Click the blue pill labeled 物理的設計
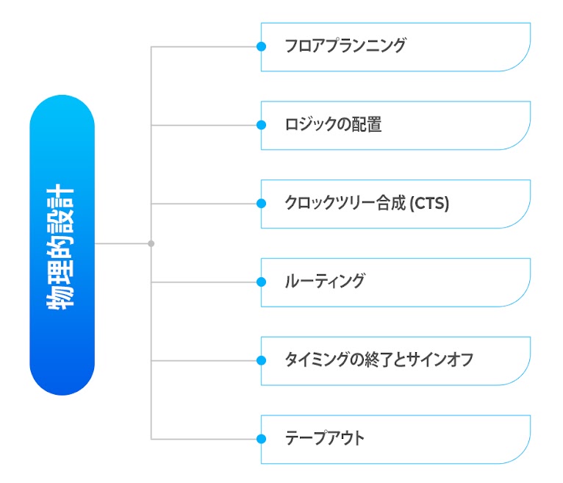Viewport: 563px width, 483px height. [x=62, y=245]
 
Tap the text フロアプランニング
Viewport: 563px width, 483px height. [x=345, y=46]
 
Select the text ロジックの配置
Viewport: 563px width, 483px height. [x=333, y=125]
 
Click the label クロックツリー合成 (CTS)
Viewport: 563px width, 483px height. [x=367, y=203]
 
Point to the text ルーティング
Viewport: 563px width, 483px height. [x=325, y=282]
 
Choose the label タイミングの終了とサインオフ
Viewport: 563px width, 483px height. [x=379, y=360]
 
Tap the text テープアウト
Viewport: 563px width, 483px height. [x=324, y=438]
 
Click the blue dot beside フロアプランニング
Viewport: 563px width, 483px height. [x=262, y=46]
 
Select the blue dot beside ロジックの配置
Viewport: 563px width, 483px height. [x=262, y=125]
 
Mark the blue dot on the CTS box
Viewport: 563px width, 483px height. [x=262, y=204]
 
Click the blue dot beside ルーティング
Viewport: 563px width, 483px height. [x=262, y=282]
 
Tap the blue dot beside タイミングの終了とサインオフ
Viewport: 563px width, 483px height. [x=262, y=360]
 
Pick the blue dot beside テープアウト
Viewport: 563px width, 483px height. [x=262, y=439]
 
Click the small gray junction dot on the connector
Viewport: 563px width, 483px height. [x=151, y=244]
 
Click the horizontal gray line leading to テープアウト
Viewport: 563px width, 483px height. [x=204, y=439]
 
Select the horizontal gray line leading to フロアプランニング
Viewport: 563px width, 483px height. [x=204, y=46]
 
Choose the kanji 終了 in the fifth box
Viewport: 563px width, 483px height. [x=377, y=360]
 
